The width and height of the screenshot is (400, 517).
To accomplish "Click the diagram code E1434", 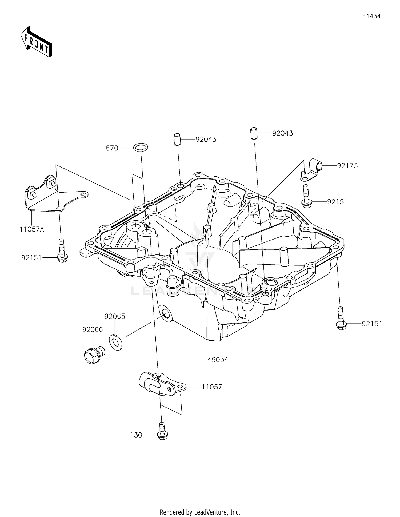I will click(x=371, y=16).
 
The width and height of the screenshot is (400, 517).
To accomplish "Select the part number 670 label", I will click(x=112, y=148).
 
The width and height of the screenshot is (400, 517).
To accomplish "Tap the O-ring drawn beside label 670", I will click(x=141, y=147).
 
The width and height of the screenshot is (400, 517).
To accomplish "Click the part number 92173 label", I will click(x=347, y=166).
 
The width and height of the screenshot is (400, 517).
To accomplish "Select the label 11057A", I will click(x=32, y=229).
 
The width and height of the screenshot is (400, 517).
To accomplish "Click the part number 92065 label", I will click(x=115, y=316).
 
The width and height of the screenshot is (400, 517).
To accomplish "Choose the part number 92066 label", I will click(x=93, y=330).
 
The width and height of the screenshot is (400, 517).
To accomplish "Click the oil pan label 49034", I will click(x=218, y=360).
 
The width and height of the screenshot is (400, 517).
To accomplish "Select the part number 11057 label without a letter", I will click(x=212, y=387).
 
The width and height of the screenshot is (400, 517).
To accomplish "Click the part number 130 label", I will click(x=136, y=435).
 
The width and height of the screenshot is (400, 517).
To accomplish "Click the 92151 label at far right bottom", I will click(x=372, y=324).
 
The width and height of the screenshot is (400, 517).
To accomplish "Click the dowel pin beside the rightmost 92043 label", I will click(x=254, y=133).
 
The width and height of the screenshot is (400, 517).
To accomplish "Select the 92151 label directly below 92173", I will click(x=337, y=202).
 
